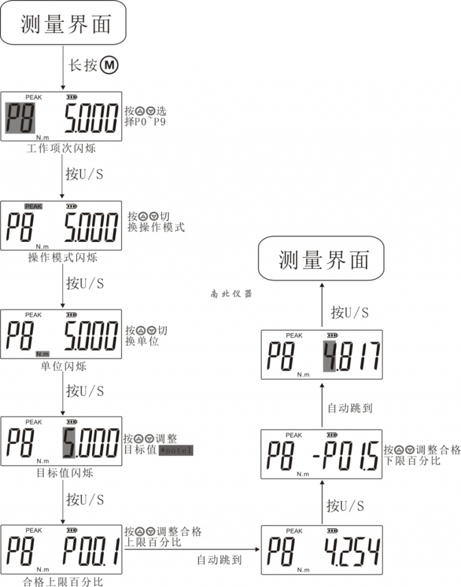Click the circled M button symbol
pyautogui.click(x=109, y=66)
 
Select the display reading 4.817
pyautogui.click(x=352, y=357)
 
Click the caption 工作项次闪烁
pyautogui.click(x=61, y=148)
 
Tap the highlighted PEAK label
pyautogui.click(x=33, y=206)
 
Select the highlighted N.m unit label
pyautogui.click(x=42, y=353)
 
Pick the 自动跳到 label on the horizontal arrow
pyautogui.click(x=220, y=559)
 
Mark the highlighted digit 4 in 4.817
pyautogui.click(x=329, y=356)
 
